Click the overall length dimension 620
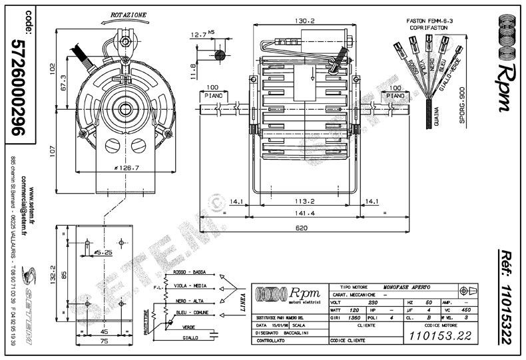[x=304, y=228]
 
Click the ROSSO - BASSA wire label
[x=188, y=273]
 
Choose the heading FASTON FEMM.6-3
[x=430, y=21]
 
